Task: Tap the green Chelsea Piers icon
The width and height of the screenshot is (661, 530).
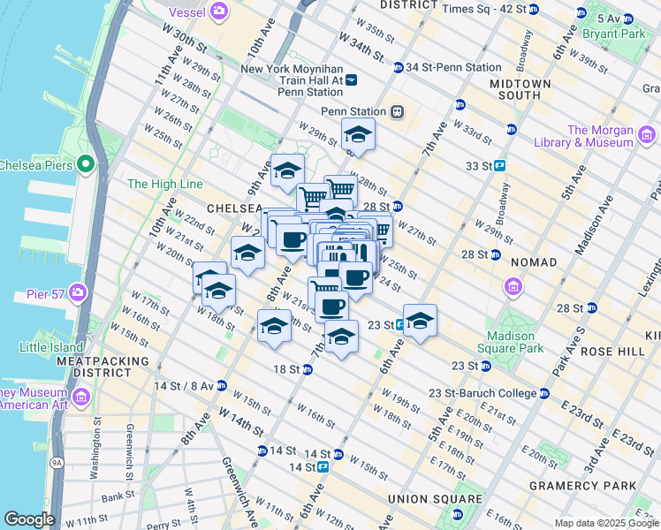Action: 86,164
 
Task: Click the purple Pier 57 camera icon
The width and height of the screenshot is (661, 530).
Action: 79,292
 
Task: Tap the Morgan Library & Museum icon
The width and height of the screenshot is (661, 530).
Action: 646,135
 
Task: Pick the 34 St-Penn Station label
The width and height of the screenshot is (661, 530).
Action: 446,67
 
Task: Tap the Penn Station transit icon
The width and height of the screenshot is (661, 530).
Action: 398,112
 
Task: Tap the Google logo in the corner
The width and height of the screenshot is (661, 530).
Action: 29,519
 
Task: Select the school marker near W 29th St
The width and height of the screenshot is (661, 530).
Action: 358,136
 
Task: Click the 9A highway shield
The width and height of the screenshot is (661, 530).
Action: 57,460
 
